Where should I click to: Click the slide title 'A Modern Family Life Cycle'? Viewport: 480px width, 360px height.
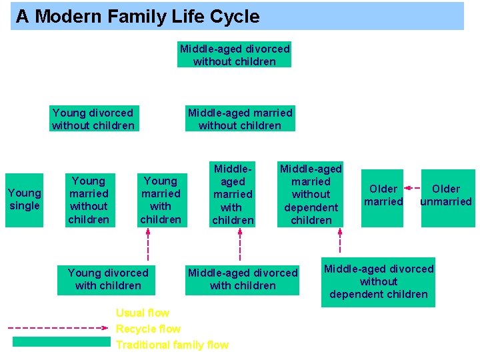coord(138,17)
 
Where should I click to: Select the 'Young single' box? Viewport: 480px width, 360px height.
coord(25,199)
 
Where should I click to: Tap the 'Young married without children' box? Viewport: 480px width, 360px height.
coord(89,199)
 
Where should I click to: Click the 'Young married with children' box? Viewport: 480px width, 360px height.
coord(161,199)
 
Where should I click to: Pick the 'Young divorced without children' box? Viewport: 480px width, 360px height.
coord(93,119)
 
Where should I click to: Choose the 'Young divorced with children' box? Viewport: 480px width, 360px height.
coord(108,279)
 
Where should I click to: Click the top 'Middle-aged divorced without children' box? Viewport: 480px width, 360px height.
coord(234,55)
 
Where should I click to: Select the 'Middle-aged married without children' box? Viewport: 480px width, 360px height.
coord(240,119)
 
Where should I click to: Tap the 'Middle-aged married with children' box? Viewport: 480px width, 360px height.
coord(233,194)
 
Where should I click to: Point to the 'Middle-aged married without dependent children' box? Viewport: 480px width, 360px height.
coord(311,194)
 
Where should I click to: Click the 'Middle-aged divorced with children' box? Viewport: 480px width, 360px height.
coord(243,279)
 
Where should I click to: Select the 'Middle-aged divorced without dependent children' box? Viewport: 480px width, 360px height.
coord(378,281)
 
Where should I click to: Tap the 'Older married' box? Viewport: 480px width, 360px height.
coord(383,195)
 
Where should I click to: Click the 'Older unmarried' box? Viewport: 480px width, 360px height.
coord(446,195)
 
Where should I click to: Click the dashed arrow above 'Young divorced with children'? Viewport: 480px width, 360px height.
coord(147,246)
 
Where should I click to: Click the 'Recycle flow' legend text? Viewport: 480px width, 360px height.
coord(148,329)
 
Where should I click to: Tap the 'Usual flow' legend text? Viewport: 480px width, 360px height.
coord(143,313)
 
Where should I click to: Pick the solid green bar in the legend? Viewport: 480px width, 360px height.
coord(61,342)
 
